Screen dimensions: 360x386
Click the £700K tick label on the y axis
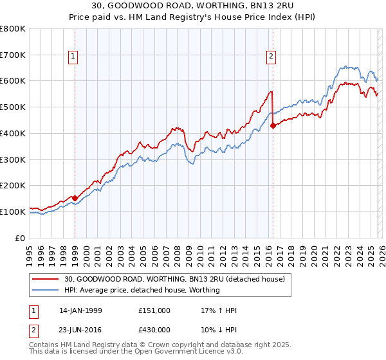point(13,55)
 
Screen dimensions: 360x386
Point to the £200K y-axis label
point(13,185)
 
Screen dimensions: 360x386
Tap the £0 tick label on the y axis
point(21,238)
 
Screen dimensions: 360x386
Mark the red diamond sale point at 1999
point(75,199)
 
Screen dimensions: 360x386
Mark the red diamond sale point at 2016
point(273,125)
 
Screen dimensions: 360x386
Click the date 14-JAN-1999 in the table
point(80,310)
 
